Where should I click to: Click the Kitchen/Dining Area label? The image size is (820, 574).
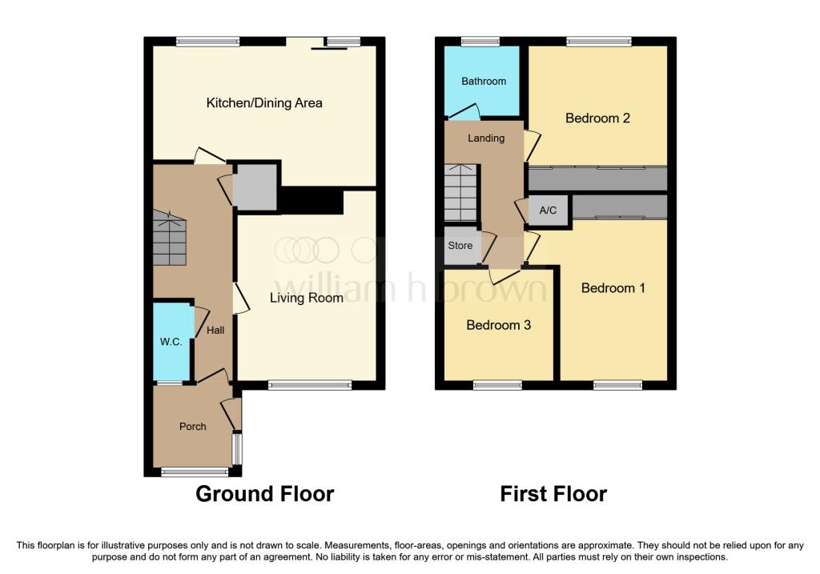pyautogui.click(x=264, y=103)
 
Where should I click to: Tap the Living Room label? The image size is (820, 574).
pyautogui.click(x=307, y=298)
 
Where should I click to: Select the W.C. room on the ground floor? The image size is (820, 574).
pyautogui.click(x=171, y=342)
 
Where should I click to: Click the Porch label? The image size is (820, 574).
pyautogui.click(x=192, y=427)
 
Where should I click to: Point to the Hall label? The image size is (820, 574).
pyautogui.click(x=215, y=331)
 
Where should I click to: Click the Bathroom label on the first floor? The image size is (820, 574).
pyautogui.click(x=484, y=81)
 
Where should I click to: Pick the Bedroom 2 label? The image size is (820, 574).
pyautogui.click(x=597, y=118)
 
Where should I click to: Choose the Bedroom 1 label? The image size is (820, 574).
pyautogui.click(x=613, y=288)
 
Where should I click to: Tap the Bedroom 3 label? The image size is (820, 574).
pyautogui.click(x=498, y=325)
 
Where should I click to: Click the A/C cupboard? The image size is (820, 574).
pyautogui.click(x=548, y=211)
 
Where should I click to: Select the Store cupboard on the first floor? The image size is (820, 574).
pyautogui.click(x=460, y=246)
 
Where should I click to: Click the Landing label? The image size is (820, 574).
pyautogui.click(x=486, y=138)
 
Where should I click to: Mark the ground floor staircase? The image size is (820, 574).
pyautogui.click(x=170, y=238)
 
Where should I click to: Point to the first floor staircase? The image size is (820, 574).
pyautogui.click(x=460, y=192)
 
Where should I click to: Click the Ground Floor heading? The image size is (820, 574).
pyautogui.click(x=264, y=494)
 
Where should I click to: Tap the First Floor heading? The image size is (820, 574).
pyautogui.click(x=553, y=494)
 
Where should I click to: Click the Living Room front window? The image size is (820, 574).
pyautogui.click(x=310, y=385)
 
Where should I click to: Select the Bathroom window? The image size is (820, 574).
pyautogui.click(x=480, y=42)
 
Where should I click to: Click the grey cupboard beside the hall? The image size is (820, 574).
pyautogui.click(x=255, y=187)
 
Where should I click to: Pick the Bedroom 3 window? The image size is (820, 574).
pyautogui.click(x=497, y=385)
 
